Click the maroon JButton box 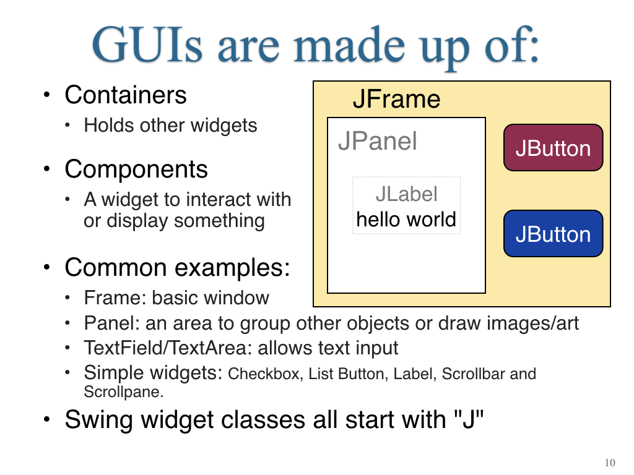point(553,147)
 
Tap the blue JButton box point(553,233)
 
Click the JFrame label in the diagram point(396,100)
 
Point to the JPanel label point(377,141)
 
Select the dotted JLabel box point(406,205)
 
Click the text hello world point(406,220)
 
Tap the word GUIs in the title point(147,45)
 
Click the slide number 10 point(610,463)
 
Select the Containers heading point(125,95)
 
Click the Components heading point(136,169)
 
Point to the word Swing point(99,420)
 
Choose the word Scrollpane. point(123,392)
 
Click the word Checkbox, point(266,374)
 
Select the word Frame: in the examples point(115,297)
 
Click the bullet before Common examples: point(47,267)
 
